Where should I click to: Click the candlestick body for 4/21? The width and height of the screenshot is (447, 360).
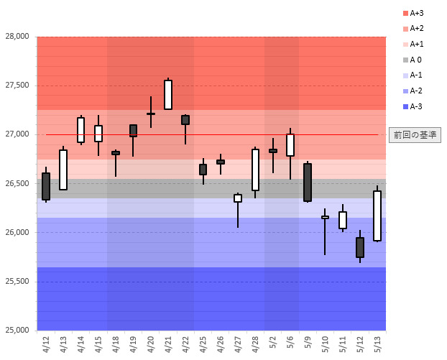pyautogui.click(x=168, y=94)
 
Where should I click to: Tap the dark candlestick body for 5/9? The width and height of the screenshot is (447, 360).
pyautogui.click(x=308, y=183)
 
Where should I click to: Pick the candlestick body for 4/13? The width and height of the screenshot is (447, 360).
pyautogui.click(x=63, y=170)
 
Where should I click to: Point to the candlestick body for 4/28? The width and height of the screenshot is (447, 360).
pyautogui.click(x=255, y=170)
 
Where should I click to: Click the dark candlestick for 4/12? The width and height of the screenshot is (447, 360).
pyautogui.click(x=46, y=186)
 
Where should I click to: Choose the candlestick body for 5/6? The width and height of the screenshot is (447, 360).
pyautogui.click(x=290, y=145)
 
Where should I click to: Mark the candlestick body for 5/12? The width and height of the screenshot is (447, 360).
pyautogui.click(x=360, y=247)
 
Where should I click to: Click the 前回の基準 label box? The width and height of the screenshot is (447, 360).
pyautogui.click(x=415, y=134)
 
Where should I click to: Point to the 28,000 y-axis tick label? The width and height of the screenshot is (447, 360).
pyautogui.click(x=17, y=37)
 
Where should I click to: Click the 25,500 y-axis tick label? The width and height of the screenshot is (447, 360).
pyautogui.click(x=17, y=282)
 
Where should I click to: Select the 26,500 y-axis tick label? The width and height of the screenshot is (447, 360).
pyautogui.click(x=17, y=183)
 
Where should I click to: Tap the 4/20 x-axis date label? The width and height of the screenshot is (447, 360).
pyautogui.click(x=151, y=342)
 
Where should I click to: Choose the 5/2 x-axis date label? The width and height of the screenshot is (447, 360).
pyautogui.click(x=273, y=342)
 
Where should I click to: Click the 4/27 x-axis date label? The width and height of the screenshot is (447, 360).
pyautogui.click(x=238, y=342)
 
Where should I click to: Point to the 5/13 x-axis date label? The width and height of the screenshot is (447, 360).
pyautogui.click(x=377, y=342)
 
